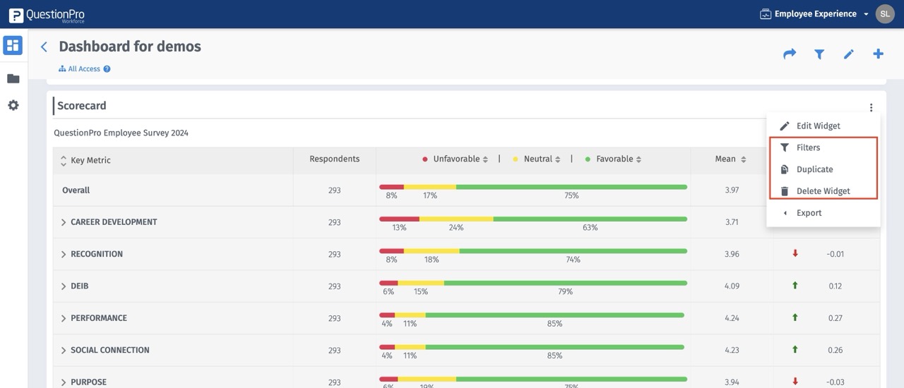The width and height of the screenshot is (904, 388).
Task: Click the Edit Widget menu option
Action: [x=818, y=126]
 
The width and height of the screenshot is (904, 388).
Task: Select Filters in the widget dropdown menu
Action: [x=808, y=148]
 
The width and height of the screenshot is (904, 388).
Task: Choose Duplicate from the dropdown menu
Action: [x=814, y=170]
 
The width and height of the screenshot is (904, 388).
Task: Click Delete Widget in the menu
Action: [x=823, y=191]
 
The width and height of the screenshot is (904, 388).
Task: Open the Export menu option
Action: [x=809, y=213]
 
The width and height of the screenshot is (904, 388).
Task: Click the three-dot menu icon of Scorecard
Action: [x=871, y=108]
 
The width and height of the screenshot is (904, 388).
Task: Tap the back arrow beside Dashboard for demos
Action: [x=44, y=47]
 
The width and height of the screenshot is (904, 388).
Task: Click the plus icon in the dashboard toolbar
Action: [x=878, y=54]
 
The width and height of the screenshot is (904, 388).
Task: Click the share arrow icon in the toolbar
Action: [x=790, y=54]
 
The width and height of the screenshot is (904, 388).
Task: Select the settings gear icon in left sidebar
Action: [x=13, y=106]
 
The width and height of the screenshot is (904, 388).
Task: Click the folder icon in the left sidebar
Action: [x=13, y=78]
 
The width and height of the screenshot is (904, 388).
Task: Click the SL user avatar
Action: [x=885, y=14]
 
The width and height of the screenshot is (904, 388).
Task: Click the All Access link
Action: [x=84, y=69]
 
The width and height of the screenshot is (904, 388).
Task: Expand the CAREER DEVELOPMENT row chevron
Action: [x=64, y=222]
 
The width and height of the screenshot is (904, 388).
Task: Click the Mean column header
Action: [x=725, y=159]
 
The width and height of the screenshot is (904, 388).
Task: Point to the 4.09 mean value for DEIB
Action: [x=732, y=286]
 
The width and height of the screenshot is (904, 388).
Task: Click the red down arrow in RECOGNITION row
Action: [x=795, y=254]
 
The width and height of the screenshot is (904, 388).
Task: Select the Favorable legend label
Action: [x=614, y=159]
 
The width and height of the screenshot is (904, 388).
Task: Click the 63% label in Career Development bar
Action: [x=590, y=228]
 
